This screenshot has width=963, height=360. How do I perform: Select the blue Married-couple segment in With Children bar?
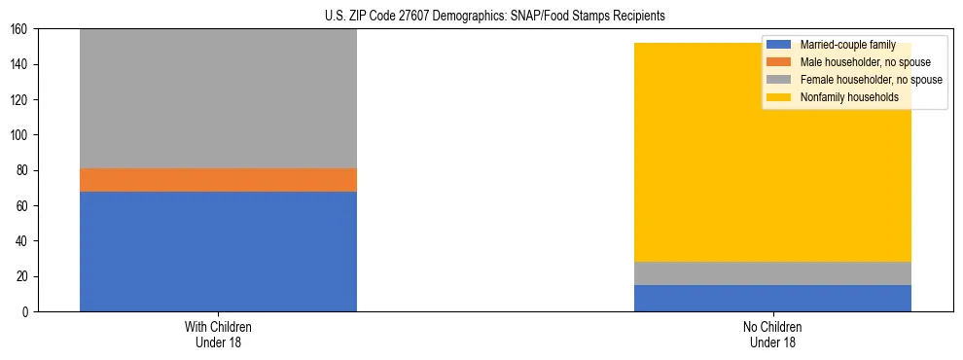pos(218,251)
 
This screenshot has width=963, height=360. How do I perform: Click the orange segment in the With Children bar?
pos(218,180)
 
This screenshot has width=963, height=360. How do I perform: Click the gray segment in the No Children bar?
pos(772,273)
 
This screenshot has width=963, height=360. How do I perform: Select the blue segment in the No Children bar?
pos(772,298)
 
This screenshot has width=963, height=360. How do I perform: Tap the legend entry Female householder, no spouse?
pos(870,80)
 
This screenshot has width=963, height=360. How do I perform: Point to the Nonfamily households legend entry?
pos(848,97)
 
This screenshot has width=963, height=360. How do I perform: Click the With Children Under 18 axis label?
pos(218,335)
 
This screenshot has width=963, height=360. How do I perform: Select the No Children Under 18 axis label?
pos(772,335)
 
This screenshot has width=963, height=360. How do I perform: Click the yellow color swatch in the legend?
pos(779,97)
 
